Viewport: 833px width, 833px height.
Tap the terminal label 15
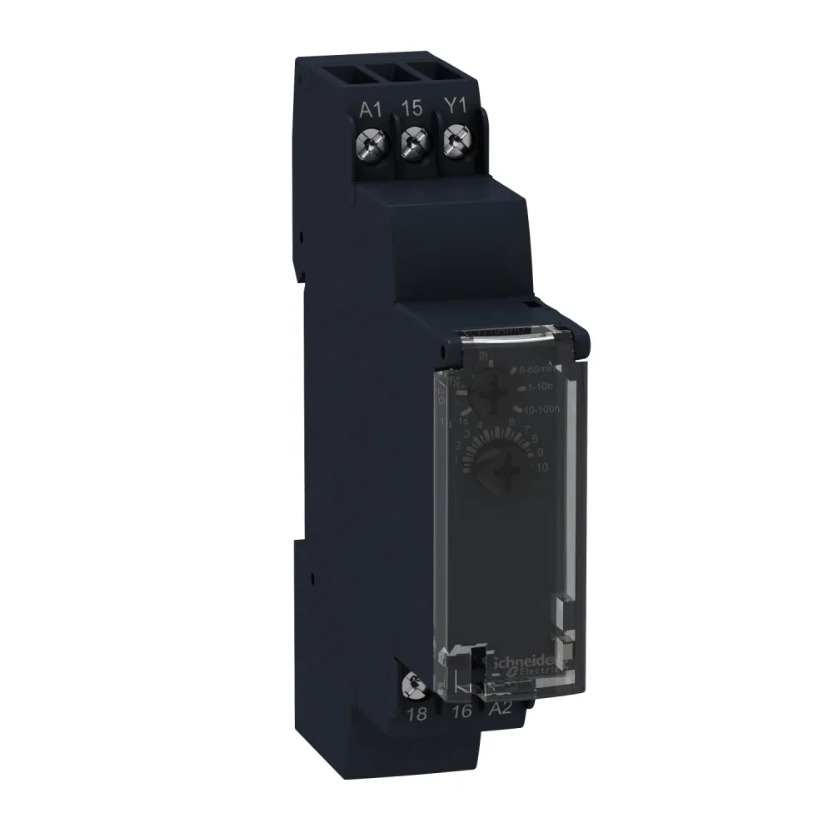pos(409,107)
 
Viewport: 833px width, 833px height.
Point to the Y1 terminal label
pos(454,107)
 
